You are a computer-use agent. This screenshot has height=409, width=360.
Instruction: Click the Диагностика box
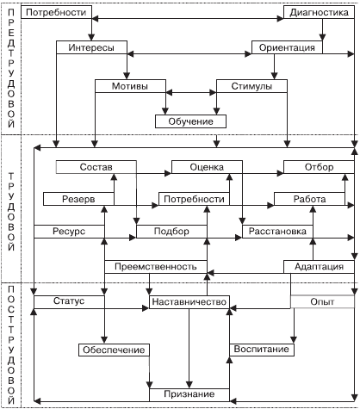click(319, 12)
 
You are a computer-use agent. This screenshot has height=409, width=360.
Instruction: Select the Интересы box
click(91, 47)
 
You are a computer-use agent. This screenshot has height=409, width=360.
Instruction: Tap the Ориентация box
click(287, 47)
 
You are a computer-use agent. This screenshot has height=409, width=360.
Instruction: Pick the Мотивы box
click(130, 86)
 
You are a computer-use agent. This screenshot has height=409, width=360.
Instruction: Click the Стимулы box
click(251, 86)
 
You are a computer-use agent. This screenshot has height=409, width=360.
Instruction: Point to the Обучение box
click(190, 121)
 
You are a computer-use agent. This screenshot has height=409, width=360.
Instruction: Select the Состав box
click(96, 167)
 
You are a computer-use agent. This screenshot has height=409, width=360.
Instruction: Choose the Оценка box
click(207, 167)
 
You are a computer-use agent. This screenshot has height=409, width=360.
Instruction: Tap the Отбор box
click(319, 167)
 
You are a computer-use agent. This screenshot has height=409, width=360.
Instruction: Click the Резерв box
click(78, 199)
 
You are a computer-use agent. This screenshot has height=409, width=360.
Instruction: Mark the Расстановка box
click(277, 232)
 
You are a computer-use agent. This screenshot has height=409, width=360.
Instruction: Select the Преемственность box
click(156, 267)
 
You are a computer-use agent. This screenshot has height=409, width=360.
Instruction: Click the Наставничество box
click(189, 302)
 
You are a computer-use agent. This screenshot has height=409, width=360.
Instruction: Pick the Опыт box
click(322, 302)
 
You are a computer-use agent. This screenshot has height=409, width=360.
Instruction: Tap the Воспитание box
click(262, 350)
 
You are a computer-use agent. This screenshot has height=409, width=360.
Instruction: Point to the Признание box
click(189, 395)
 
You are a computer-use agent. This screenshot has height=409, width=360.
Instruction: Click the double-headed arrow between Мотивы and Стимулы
click(191, 93)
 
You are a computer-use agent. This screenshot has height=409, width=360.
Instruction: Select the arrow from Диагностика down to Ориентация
click(322, 29)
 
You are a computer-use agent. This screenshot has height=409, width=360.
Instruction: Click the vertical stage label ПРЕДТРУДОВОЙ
click(11, 68)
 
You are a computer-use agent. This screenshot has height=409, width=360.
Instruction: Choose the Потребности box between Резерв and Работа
click(195, 199)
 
